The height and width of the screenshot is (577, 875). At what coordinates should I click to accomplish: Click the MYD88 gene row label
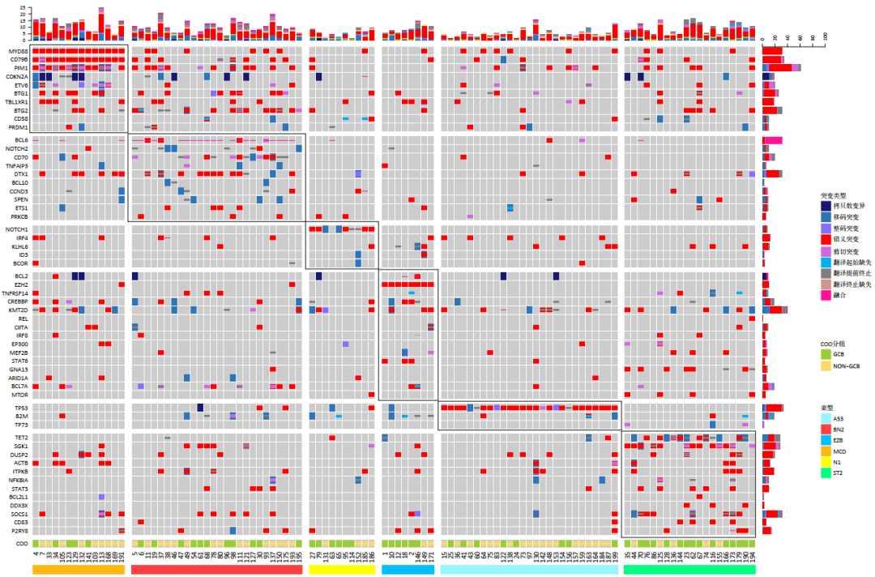[18, 51]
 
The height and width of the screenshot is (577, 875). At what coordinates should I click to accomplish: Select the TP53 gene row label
[19, 408]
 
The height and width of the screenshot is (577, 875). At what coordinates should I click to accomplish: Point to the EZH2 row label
[19, 284]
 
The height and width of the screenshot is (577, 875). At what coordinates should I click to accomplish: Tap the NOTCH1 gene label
[17, 229]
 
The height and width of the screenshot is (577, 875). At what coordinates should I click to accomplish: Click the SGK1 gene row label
[19, 446]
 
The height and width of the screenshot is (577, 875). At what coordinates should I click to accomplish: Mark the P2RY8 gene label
[19, 531]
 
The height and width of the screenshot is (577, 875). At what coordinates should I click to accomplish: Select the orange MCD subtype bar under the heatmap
[79, 570]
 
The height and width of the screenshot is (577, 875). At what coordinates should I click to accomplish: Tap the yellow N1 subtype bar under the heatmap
[343, 570]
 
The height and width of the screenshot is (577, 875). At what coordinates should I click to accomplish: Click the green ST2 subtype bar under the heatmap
[689, 570]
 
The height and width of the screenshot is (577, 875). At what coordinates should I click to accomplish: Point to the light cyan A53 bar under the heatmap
[530, 570]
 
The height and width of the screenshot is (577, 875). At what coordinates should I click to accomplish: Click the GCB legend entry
[839, 353]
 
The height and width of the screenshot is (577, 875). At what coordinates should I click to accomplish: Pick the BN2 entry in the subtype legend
[839, 427]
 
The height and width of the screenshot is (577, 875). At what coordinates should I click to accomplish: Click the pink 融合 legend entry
[837, 295]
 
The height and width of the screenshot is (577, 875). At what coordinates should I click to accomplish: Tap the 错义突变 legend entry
[843, 240]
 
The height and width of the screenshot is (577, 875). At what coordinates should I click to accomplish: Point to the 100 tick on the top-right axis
[825, 36]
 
